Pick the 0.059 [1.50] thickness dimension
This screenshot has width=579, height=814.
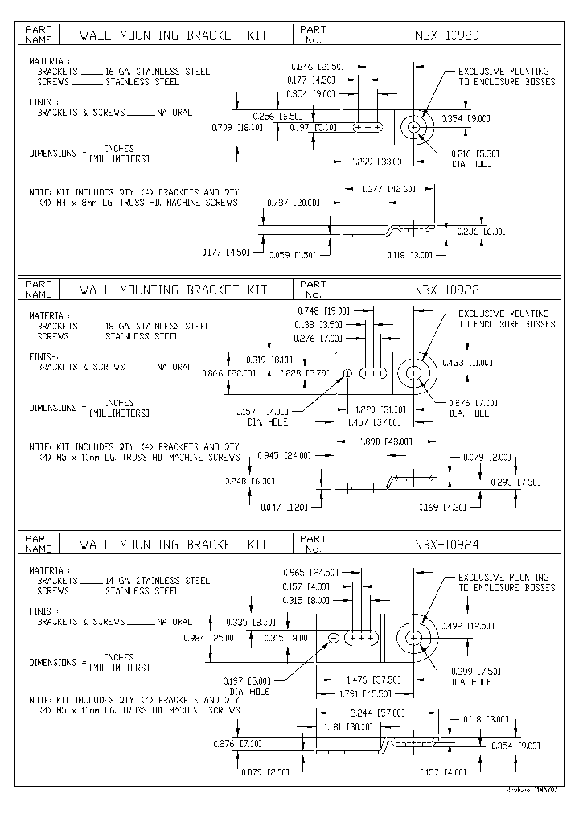coord(293,254)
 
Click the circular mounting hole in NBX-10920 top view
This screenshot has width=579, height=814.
coord(415,127)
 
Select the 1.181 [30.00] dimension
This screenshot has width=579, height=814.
coord(347,726)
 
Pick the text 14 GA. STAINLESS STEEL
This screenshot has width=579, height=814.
coord(158,580)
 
